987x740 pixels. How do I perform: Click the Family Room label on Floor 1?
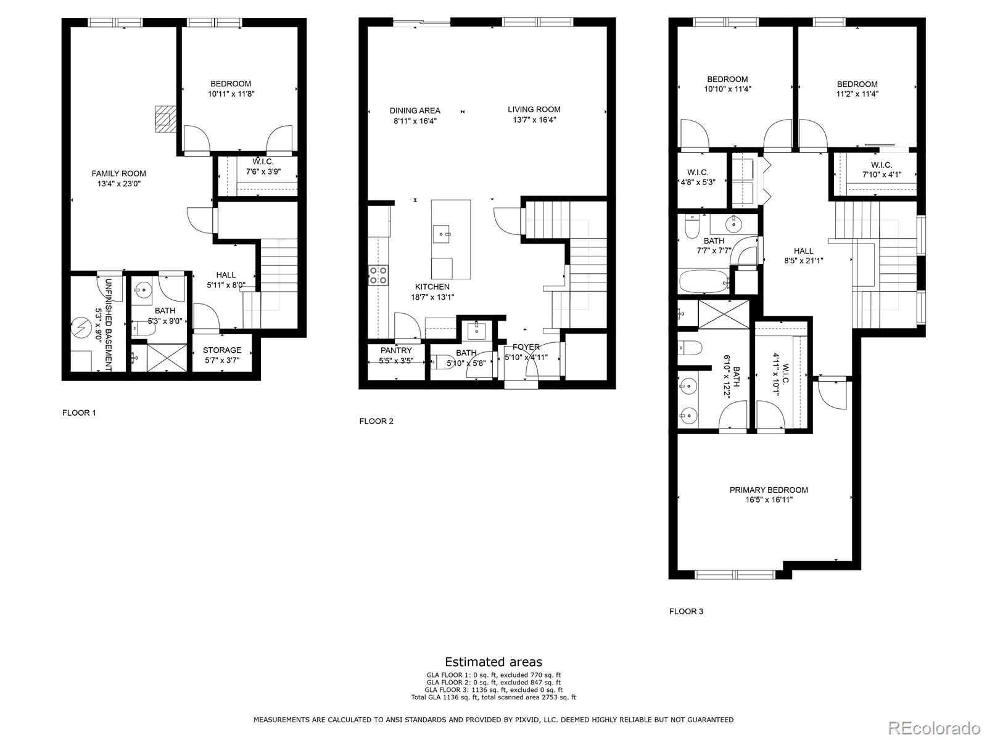point(118,173)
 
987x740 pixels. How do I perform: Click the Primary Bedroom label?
point(768,490)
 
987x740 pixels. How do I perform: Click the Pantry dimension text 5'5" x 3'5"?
point(395,360)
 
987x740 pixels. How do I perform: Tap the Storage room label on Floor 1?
point(222,350)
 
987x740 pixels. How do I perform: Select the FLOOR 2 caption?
point(376,421)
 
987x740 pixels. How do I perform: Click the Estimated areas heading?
point(493,662)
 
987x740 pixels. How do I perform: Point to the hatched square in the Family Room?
point(163,119)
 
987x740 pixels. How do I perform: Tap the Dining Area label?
point(415,110)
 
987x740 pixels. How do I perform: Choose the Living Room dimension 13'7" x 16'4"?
point(534,120)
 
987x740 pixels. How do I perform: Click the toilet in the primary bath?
point(688,348)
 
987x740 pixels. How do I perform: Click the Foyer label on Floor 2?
point(526,347)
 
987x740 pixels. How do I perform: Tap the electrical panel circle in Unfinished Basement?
point(81,325)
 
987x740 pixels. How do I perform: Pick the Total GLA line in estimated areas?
point(493,697)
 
